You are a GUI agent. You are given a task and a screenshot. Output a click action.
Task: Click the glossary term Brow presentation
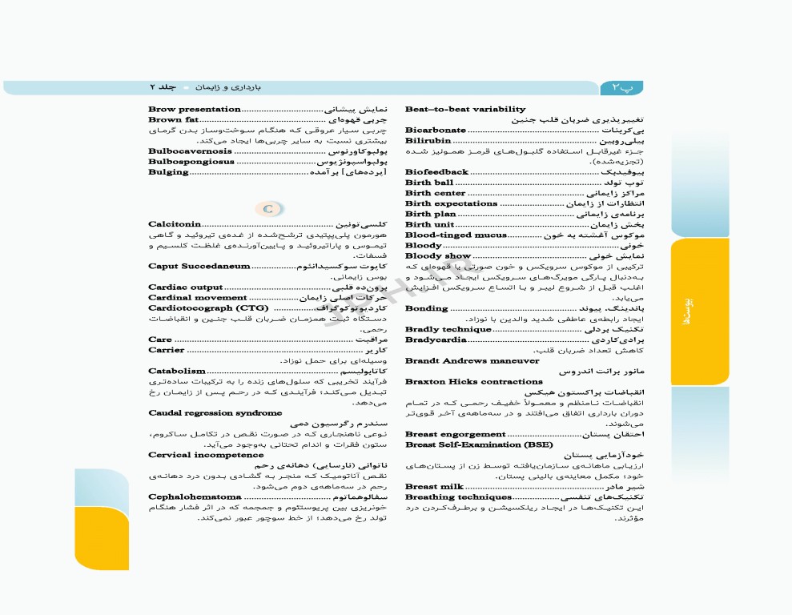[195, 109]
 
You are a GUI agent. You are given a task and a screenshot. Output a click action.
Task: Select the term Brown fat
[174, 119]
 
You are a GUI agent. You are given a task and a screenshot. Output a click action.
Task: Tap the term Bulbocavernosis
[190, 151]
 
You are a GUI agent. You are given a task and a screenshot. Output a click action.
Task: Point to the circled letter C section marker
[269, 209]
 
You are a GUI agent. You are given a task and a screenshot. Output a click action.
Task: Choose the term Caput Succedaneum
[199, 266]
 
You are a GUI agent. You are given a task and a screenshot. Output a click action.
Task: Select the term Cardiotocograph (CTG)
[203, 307]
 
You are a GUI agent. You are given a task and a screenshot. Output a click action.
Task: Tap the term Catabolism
[177, 371]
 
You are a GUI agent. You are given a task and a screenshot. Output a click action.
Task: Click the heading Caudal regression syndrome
[215, 413]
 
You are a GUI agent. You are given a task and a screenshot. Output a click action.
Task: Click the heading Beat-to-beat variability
[465, 109]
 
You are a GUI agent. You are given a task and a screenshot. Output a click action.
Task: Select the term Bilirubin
[428, 140]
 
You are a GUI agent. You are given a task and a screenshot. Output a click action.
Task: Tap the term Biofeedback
[436, 172]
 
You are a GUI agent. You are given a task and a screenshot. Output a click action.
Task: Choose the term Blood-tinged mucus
[456, 235]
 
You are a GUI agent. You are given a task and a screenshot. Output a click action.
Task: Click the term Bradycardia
[436, 340]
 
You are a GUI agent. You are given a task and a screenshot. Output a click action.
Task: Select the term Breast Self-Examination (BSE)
[479, 444]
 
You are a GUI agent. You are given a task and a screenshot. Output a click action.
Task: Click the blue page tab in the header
[621, 86]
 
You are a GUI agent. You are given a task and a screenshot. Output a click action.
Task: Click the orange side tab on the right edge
[700, 312]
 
